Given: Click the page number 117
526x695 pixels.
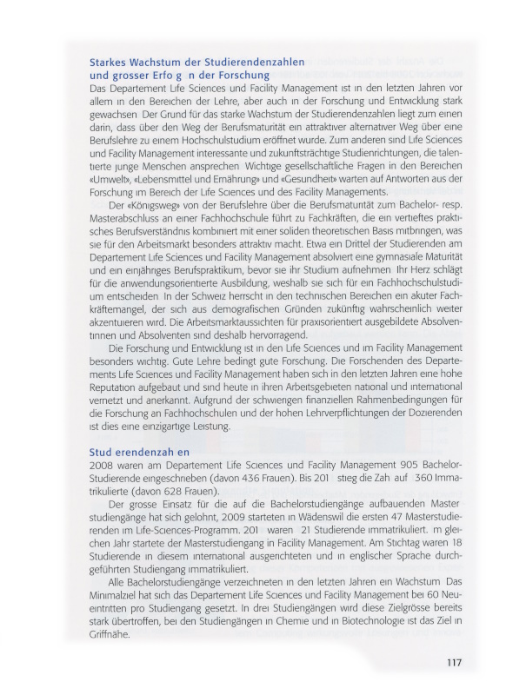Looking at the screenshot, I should tap(453, 664).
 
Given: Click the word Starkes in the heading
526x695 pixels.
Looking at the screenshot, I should tap(110, 63).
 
